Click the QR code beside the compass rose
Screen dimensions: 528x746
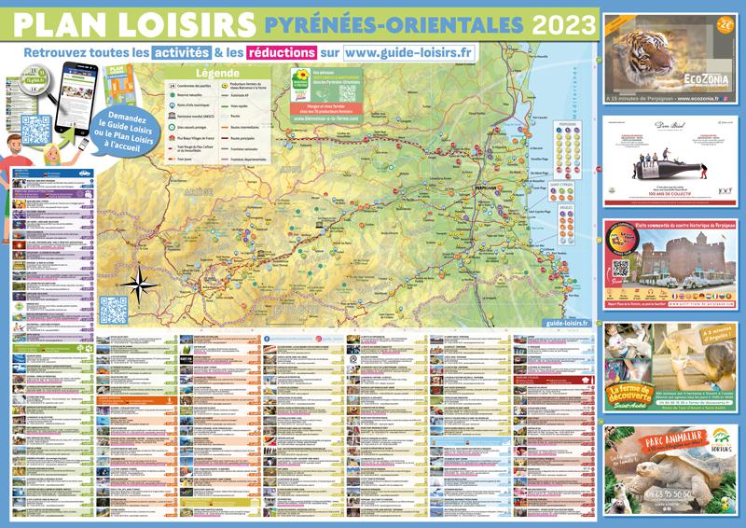[x=112, y=309]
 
